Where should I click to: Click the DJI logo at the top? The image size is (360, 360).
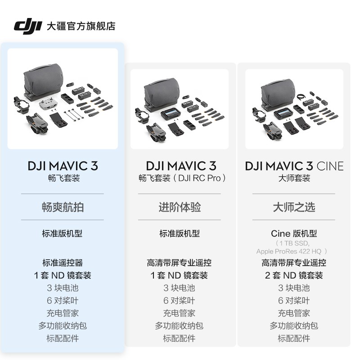point(27,26)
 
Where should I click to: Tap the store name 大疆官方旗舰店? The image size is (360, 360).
point(81,26)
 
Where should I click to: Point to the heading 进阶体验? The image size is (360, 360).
point(180,207)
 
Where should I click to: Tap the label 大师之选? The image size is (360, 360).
point(294,207)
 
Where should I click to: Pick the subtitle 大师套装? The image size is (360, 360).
point(294,178)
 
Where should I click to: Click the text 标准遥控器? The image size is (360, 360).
point(63,263)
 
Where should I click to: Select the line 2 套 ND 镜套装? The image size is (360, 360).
point(294,275)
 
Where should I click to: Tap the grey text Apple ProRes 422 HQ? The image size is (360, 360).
point(292,251)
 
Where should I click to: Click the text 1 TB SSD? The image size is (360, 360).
point(294,243)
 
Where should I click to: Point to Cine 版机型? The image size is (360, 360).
point(294,234)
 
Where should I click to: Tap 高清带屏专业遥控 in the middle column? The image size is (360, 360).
point(179,263)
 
